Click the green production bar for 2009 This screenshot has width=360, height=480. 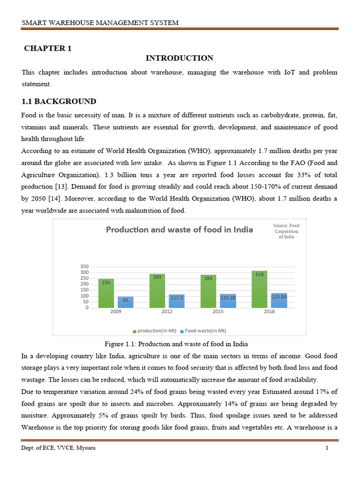coord(106,293)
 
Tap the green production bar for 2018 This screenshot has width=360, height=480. coord(260,289)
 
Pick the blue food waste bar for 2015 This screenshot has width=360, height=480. coord(228,301)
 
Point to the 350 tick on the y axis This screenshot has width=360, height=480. coord(84,266)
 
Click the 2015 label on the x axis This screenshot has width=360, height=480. coord(217,312)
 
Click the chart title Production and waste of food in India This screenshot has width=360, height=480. coord(179,230)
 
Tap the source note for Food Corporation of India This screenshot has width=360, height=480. coord(286,231)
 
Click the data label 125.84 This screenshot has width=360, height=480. coord(279,297)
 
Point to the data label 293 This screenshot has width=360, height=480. coord(157,277)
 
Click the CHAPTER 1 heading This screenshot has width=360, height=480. coord(48,48)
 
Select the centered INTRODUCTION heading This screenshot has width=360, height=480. coord(179,58)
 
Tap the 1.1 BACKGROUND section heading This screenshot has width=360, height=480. coord(59,101)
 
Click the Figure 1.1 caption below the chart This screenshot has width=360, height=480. coord(179,345)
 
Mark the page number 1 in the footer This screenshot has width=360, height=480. coord(327,448)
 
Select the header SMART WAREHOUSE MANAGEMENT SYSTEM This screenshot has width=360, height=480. coord(100,23)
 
